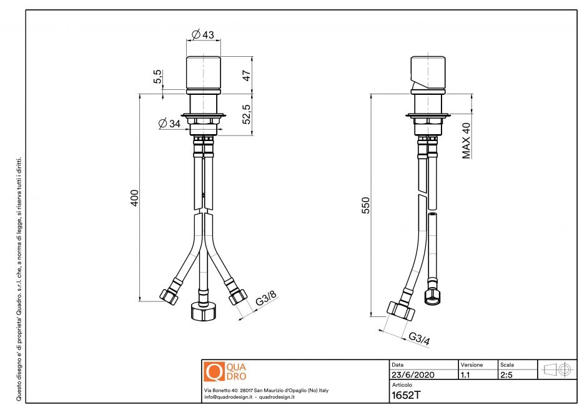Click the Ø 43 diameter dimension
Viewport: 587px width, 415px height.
pos(203,35)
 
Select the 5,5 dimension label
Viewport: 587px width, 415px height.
pos(158,77)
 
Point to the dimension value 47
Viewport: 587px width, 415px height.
pos(247,76)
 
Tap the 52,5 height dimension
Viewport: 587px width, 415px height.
pos(247,113)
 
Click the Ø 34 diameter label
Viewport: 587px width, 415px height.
pos(170,124)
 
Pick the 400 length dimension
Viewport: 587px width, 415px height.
pos(134,197)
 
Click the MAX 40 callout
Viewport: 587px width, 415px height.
pos(466,140)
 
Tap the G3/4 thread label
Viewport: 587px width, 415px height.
pos(419,339)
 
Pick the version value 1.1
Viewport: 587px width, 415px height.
pos(466,375)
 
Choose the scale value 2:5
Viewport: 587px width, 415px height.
pos(507,375)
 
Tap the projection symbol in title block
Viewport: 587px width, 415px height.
pos(557,369)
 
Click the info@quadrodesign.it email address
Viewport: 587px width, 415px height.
pos(228,397)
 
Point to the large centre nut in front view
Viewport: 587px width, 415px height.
pos(202,311)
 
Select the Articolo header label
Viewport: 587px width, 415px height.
pos(402,385)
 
